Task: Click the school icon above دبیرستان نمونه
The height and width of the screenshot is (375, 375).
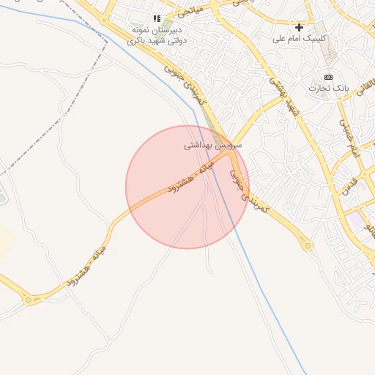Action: pyautogui.click(x=157, y=18)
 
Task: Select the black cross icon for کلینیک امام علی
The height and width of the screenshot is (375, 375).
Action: pyautogui.click(x=299, y=27)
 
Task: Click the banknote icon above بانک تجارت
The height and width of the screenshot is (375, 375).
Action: pyautogui.click(x=328, y=77)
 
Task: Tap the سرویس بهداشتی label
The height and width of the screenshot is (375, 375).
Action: pyautogui.click(x=213, y=146)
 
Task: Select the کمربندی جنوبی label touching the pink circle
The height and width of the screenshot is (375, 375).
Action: pyautogui.click(x=250, y=192)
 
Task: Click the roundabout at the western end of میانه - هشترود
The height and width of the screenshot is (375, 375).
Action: pyautogui.click(x=29, y=300)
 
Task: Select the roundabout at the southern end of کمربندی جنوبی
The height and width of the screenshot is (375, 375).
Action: pyautogui.click(x=308, y=245)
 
